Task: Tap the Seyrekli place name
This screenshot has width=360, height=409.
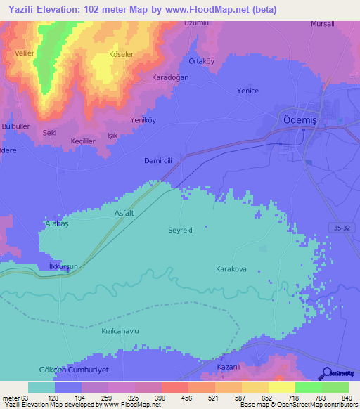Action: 181,230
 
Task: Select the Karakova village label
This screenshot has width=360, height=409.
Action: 232,269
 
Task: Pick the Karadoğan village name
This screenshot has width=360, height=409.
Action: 172,78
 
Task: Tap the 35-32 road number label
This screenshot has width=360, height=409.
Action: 341,227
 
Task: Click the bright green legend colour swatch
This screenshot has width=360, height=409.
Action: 308,387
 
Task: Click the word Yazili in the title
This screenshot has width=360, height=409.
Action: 25,9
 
